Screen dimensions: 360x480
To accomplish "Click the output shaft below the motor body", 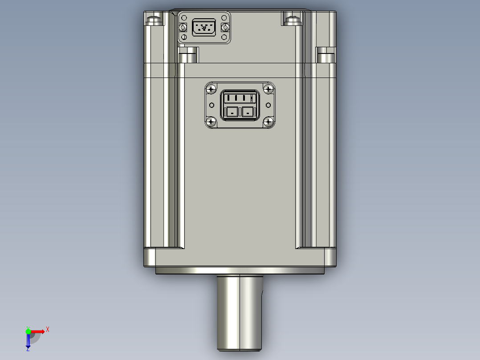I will tap(240, 312).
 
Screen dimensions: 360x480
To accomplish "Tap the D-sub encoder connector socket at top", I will tap(204, 28).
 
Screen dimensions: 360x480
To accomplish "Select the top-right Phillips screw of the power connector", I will tap(268, 89).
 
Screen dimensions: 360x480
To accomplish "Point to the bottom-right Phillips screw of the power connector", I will tap(268, 121).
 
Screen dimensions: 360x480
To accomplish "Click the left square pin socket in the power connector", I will tap(232, 112).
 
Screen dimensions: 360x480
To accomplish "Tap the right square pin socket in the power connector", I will tap(248, 112).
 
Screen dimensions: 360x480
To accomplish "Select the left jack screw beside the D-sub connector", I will tap(183, 28).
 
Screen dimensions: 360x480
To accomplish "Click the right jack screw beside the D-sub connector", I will tap(225, 28).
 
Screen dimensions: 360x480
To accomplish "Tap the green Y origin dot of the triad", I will tap(28, 331).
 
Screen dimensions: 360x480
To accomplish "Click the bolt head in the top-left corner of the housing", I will tap(152, 20).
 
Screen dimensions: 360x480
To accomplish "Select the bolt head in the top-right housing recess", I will tap(292, 20).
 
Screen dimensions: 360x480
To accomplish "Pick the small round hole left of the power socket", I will tap(212, 105).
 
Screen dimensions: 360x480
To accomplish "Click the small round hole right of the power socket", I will tap(268, 105).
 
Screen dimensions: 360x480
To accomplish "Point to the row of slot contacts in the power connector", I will tap(240, 98).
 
